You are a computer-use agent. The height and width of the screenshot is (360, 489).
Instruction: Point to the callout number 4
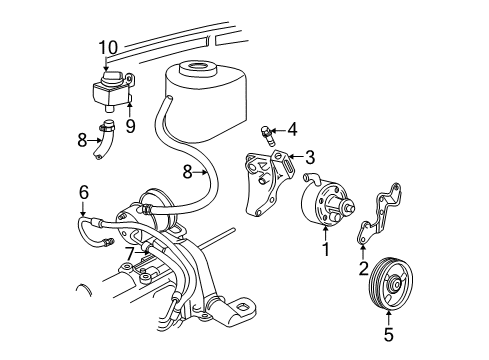pyautogui.click(x=292, y=128)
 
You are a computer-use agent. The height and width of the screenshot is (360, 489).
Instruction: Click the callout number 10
pyautogui.click(x=109, y=45)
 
